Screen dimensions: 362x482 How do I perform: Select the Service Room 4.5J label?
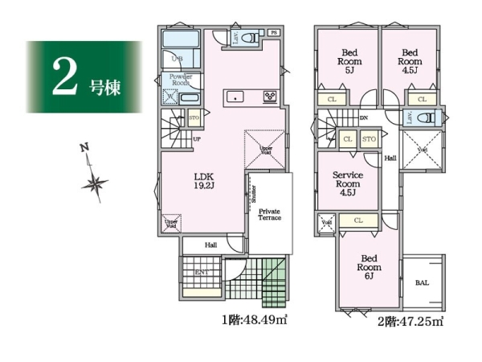[348, 183]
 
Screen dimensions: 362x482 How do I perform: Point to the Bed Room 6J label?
[369, 267]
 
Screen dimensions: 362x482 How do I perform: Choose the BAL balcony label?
[422, 283]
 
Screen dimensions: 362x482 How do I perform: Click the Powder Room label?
[179, 79]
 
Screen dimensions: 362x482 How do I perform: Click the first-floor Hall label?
[210, 245]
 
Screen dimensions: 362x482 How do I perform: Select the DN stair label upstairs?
[363, 119]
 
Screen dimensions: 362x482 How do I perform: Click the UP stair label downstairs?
[198, 139]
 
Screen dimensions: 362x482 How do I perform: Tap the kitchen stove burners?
[270, 97]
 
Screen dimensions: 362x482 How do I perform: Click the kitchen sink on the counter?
[235, 97]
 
